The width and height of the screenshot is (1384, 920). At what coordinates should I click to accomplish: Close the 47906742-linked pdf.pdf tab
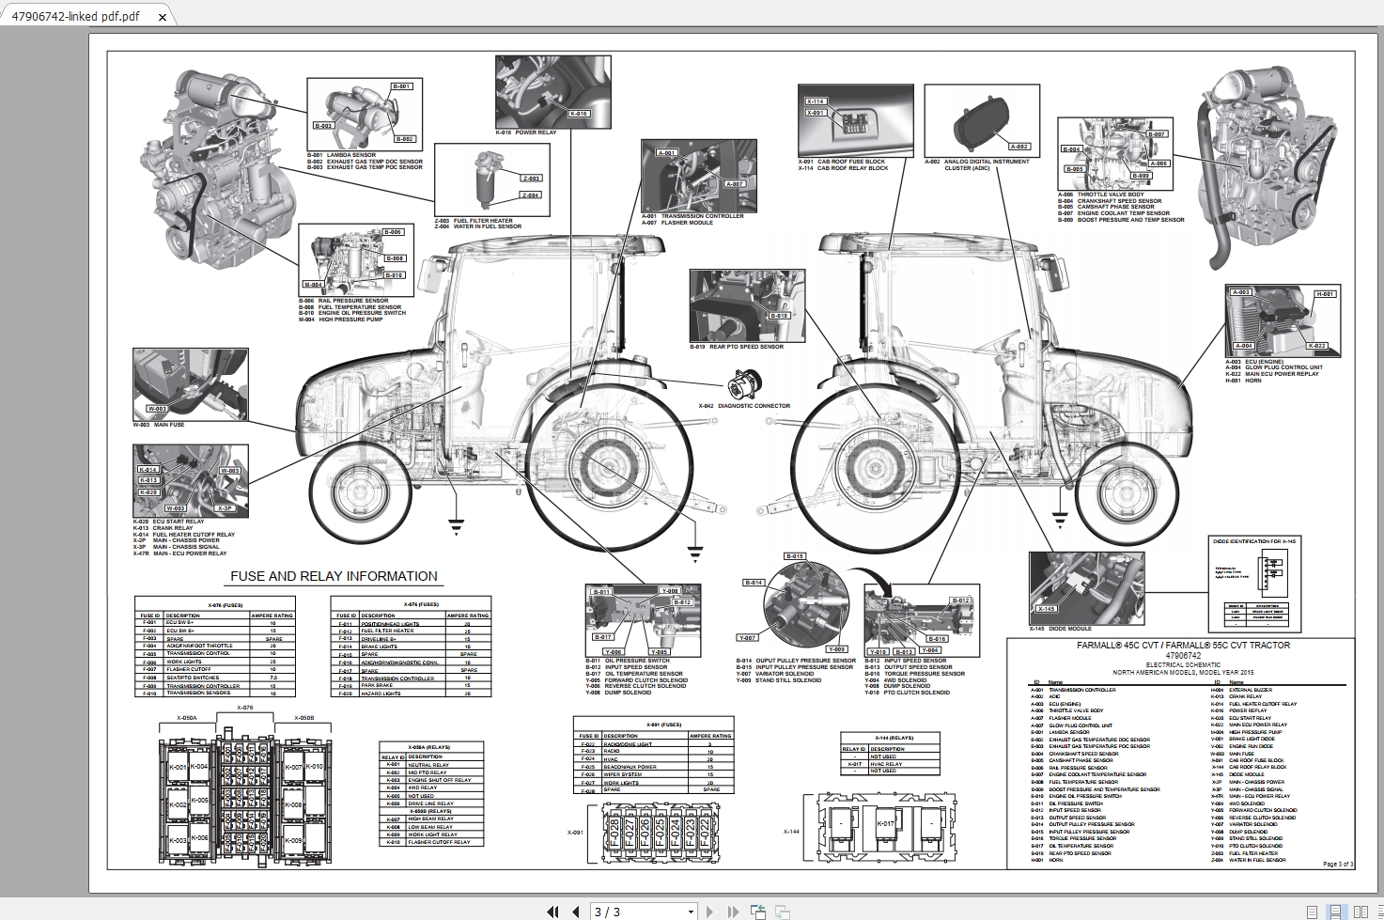163,17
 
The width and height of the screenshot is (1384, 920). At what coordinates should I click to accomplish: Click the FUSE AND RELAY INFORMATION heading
334,576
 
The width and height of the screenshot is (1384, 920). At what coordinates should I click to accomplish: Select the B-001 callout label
401,86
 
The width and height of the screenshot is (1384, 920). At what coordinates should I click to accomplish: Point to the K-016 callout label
579,114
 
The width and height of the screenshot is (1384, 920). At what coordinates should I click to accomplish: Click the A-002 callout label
1019,147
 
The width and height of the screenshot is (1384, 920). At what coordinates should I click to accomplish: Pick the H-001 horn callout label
1325,294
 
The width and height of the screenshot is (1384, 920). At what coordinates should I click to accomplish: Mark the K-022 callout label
1317,346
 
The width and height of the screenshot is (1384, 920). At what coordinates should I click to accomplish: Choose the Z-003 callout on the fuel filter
531,178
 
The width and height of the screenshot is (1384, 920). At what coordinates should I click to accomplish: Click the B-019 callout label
779,316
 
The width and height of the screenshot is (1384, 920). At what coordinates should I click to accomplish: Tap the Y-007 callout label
746,637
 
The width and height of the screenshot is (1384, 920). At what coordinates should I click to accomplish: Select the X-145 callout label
1046,609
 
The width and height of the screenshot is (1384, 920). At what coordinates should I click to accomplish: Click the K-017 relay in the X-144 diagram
885,824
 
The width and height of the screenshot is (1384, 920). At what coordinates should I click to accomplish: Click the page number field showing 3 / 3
643,912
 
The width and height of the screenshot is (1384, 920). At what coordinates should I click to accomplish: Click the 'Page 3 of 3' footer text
1337,864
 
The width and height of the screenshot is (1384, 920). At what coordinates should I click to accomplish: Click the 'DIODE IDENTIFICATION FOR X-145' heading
1255,541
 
